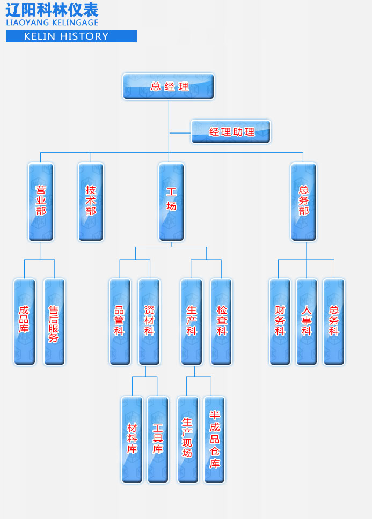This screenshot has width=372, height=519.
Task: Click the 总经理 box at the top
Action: tap(169, 86)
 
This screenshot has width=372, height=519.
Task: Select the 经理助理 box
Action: tap(231, 131)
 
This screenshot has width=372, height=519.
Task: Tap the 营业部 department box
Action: tap(41, 202)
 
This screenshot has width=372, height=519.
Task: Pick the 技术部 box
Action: tap(91, 202)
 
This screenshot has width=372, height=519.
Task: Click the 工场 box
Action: tap(171, 202)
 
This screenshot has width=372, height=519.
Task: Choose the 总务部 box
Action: tap(303, 202)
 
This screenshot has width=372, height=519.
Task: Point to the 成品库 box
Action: tap(24, 321)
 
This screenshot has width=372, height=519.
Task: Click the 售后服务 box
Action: tap(54, 321)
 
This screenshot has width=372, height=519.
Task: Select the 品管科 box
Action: tap(120, 321)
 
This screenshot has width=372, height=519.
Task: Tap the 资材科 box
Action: tap(149, 321)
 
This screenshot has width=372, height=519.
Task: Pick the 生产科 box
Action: tap(191, 321)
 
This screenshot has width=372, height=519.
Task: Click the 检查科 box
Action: tap(221, 321)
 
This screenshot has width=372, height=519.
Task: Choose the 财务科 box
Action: tap(280, 321)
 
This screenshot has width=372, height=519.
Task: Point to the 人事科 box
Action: tap(307, 321)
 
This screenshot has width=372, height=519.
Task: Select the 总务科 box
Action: tap(333, 321)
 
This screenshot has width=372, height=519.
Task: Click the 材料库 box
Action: tap(132, 439)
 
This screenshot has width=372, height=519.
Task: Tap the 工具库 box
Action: tap(157, 439)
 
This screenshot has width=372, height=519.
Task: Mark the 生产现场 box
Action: tap(187, 439)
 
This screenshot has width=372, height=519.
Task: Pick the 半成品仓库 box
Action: tap(214, 439)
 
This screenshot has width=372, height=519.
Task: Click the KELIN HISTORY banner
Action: tap(71, 36)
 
